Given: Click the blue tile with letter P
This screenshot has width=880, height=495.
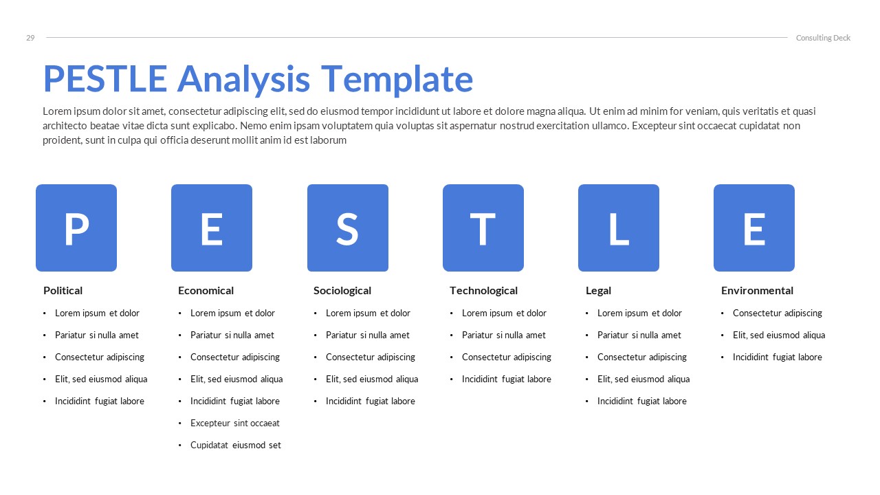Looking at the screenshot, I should (x=76, y=228).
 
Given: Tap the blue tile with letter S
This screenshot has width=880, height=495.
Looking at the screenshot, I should (x=347, y=228).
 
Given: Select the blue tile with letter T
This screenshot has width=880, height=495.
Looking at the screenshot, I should (x=483, y=228).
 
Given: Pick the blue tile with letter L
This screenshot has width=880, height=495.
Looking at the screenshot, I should (x=618, y=228).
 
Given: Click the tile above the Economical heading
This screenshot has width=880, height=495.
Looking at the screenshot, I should (x=212, y=228).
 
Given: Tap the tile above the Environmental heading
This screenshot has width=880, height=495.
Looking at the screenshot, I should (x=753, y=228).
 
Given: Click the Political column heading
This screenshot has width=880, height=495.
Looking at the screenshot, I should (x=63, y=291).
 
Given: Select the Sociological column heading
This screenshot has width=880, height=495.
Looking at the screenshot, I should (x=342, y=291).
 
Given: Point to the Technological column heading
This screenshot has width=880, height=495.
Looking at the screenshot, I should (x=483, y=291).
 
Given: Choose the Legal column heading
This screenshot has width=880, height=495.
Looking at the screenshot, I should (x=598, y=291).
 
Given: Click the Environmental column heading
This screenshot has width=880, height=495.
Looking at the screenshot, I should (x=757, y=291).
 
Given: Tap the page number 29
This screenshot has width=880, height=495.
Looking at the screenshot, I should (x=30, y=38).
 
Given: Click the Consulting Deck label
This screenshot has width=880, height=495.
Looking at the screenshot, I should (x=823, y=38).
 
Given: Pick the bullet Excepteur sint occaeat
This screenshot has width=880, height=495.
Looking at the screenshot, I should (x=235, y=423).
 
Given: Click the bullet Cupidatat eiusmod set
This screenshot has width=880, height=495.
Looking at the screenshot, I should (x=236, y=445).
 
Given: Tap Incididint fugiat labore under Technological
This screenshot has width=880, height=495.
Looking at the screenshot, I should (x=507, y=379).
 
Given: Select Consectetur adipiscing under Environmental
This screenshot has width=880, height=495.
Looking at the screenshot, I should (x=778, y=313).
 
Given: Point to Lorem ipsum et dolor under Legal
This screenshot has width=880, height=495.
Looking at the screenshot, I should (x=639, y=313).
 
